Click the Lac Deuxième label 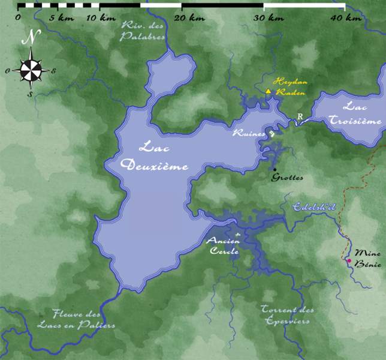[x=155, y=155]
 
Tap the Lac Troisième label [x=355, y=113]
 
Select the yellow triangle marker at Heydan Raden [x=269, y=91]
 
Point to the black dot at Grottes [x=275, y=170]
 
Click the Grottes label [x=287, y=178]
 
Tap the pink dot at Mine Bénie [x=349, y=261]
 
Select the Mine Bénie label [x=367, y=258]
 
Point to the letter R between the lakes [x=300, y=117]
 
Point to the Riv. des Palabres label [x=143, y=31]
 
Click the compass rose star [x=31, y=70]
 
